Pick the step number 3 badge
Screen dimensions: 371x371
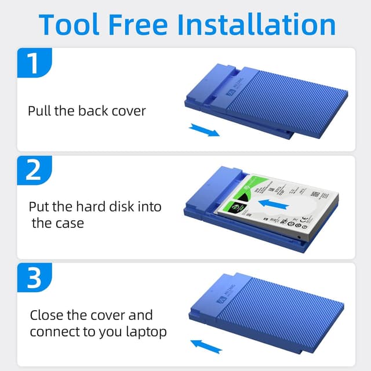point(34,278)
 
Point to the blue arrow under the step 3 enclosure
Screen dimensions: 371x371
point(206,345)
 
